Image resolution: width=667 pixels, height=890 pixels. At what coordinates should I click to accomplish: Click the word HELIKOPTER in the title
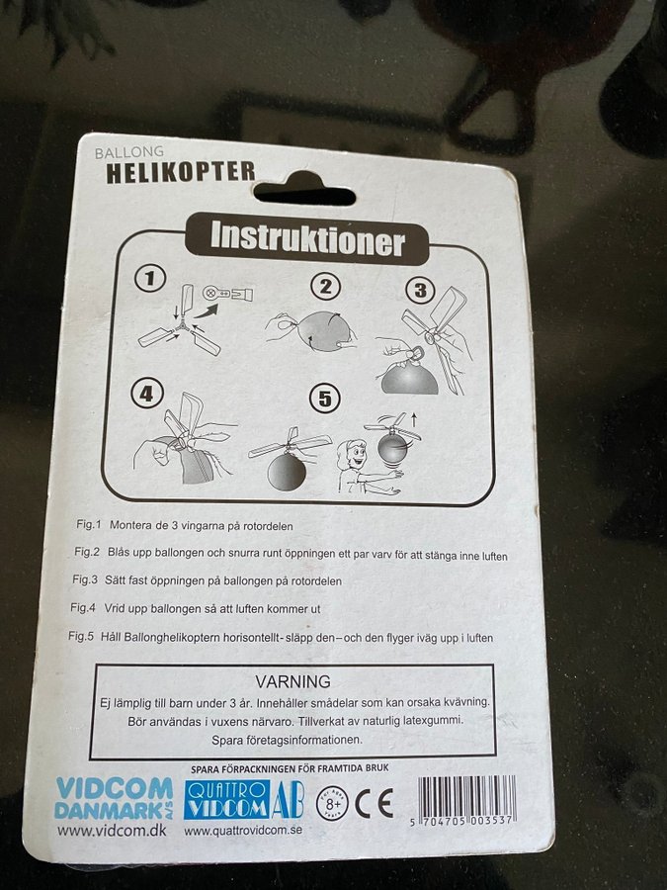pyautogui.click(x=181, y=172)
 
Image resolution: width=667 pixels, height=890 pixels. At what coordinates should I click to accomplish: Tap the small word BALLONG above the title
pyautogui.click(x=128, y=152)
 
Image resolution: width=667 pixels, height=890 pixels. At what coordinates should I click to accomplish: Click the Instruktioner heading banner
pyautogui.click(x=307, y=239)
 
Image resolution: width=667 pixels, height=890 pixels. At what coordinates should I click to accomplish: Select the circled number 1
pyautogui.click(x=150, y=278)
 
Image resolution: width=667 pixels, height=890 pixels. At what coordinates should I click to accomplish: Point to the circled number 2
pyautogui.click(x=325, y=287)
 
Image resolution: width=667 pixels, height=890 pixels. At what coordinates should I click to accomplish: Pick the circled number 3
pyautogui.click(x=420, y=290)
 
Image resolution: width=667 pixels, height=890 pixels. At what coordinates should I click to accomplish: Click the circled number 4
pyautogui.click(x=147, y=393)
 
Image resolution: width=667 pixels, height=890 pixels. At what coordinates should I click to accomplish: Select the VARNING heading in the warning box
pyautogui.click(x=292, y=681)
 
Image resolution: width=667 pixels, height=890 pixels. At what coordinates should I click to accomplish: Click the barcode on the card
pyautogui.click(x=466, y=800)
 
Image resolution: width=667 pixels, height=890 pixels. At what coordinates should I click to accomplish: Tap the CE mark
pyautogui.click(x=375, y=803)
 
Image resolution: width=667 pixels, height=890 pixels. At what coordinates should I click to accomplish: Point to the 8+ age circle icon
pyautogui.click(x=333, y=803)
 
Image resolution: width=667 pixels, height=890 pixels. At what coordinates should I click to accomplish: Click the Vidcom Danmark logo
pyautogui.click(x=114, y=799)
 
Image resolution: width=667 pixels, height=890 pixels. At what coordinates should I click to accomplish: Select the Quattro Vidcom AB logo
pyautogui.click(x=244, y=800)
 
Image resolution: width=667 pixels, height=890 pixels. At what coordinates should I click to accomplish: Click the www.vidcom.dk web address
pyautogui.click(x=112, y=831)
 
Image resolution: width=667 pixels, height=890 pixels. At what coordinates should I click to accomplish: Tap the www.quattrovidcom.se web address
pyautogui.click(x=243, y=830)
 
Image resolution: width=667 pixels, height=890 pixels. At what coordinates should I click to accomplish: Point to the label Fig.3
pyautogui.click(x=85, y=578)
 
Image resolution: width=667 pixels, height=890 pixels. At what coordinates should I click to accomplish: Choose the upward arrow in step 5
pyautogui.click(x=414, y=420)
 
